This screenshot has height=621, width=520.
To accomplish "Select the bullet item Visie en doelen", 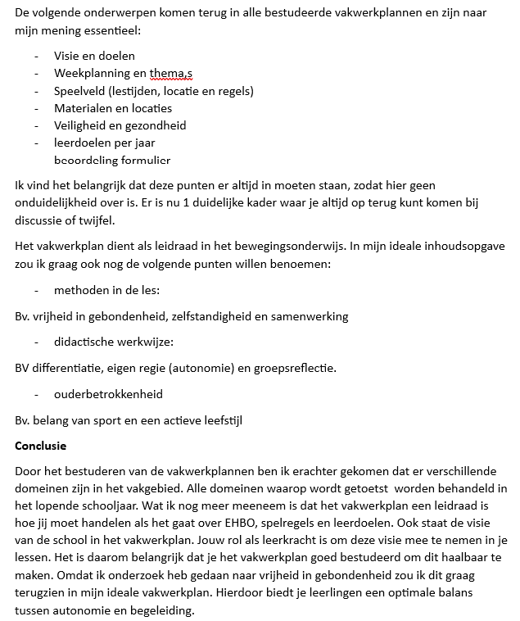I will click(94, 56).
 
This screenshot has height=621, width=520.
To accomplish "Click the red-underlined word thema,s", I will click(170, 73).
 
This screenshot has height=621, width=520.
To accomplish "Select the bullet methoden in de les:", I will click(106, 290).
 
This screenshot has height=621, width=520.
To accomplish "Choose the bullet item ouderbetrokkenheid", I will click(108, 394).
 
